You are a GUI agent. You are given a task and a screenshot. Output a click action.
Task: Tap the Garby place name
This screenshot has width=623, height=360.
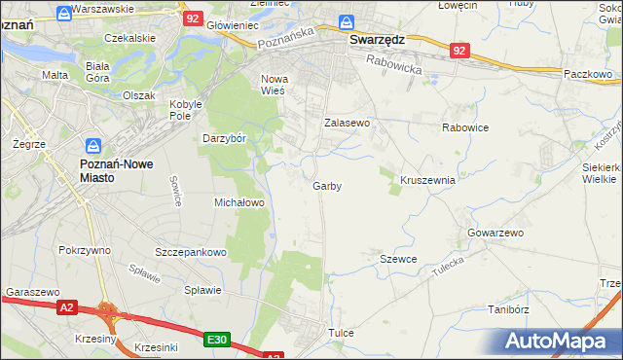327,186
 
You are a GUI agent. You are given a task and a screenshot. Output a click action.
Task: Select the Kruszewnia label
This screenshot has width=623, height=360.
428,180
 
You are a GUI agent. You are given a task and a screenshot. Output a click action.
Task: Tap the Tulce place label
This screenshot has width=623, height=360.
341,333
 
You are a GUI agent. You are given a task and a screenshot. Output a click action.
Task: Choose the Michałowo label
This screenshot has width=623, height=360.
239,202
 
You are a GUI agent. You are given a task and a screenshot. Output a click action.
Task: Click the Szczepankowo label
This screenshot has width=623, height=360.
191,252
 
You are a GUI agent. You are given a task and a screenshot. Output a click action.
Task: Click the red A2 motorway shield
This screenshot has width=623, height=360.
66,307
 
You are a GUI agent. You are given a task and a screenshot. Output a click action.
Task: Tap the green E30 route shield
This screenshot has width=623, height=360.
217,340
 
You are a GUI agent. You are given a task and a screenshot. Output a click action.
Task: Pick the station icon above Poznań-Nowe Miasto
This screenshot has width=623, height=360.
92,147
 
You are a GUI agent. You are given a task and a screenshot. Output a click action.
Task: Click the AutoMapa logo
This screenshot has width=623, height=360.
560,342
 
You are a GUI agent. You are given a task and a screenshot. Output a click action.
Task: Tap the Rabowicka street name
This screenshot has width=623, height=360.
393,66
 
